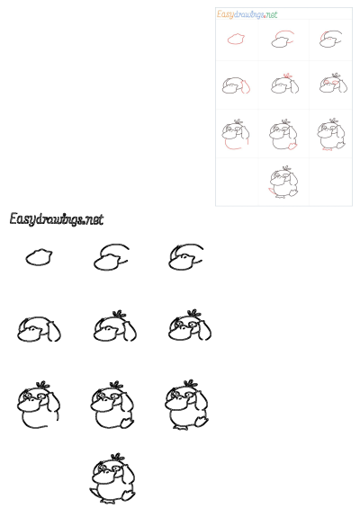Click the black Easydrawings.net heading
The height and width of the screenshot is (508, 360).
tap(56, 218)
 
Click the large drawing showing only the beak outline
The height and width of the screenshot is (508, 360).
tap(39, 257)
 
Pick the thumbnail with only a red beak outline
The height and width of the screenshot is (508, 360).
tap(237, 40)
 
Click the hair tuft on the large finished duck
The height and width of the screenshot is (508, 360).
tap(115, 457)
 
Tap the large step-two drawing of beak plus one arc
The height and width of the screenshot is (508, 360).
tap(110, 258)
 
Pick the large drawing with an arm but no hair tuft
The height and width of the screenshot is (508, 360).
tap(39, 330)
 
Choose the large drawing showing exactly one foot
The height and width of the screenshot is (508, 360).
tap(113, 406)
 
